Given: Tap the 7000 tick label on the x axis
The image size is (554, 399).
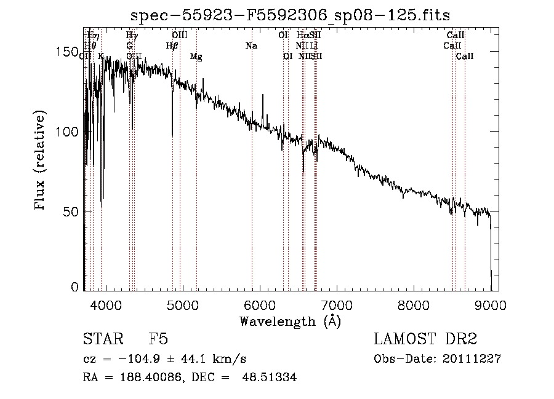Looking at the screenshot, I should (337, 306).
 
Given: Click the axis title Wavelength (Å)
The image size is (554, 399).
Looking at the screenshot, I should (290, 321).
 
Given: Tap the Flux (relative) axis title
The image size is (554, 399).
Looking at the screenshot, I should (41, 161).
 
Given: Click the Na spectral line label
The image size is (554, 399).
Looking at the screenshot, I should (251, 46).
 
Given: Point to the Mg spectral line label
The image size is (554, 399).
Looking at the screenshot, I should (196, 57).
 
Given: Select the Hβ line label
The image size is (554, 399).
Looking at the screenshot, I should (172, 46).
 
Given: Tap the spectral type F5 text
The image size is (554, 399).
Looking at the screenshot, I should (158, 340).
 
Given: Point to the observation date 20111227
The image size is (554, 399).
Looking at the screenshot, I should (471, 359).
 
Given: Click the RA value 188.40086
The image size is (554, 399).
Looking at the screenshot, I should (151, 378).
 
